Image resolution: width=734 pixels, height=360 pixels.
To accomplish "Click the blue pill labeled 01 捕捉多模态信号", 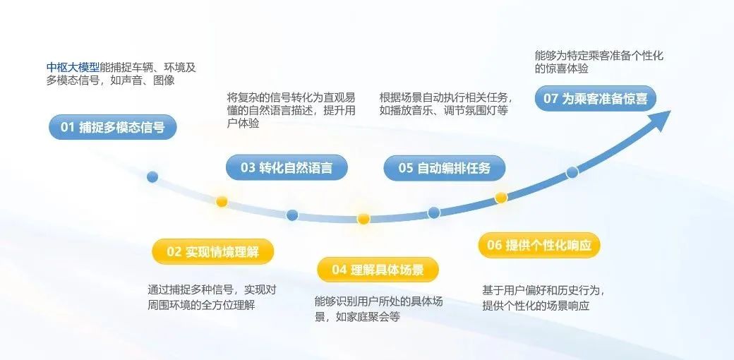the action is click(x=113, y=127).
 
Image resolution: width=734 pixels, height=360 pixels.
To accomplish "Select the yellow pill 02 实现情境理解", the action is click(x=212, y=251).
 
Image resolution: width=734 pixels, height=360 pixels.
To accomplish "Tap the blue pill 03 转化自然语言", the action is click(x=287, y=167).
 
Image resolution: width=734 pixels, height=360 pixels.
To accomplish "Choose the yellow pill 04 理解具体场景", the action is click(x=378, y=270).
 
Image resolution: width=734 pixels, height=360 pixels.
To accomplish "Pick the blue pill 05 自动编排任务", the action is click(x=444, y=168).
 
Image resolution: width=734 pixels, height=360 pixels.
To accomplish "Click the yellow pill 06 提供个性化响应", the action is click(x=539, y=245).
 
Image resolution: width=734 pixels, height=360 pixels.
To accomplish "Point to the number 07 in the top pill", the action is click(x=551, y=99).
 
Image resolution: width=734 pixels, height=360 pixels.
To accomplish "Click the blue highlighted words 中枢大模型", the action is click(x=73, y=68).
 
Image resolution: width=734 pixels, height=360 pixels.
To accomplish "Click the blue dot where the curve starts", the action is click(x=152, y=177).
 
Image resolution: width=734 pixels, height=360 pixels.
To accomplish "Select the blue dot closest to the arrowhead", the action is click(x=572, y=172).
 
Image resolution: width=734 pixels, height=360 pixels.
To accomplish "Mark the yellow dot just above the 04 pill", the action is click(x=363, y=219).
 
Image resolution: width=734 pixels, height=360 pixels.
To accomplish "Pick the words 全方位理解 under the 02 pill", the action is click(x=228, y=305).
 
